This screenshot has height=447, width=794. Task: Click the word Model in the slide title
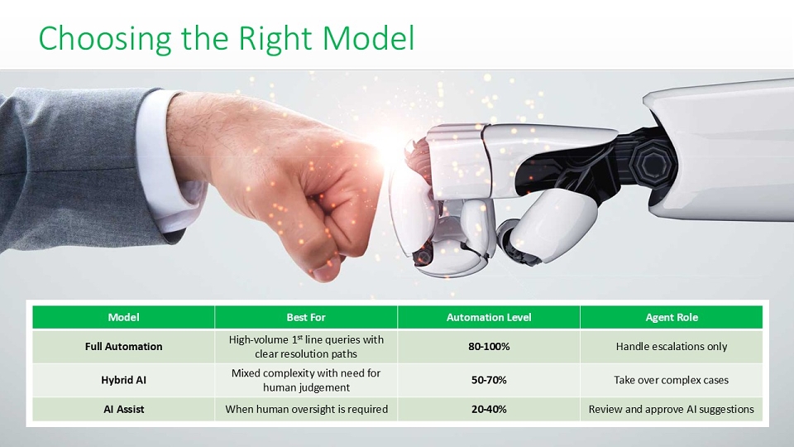(x=369, y=39)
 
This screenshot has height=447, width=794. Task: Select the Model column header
(x=123, y=317)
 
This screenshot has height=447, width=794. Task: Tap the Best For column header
(x=306, y=317)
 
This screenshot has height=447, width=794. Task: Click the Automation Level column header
(x=489, y=317)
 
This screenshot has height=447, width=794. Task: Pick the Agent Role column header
(x=672, y=317)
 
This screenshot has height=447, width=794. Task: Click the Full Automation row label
(x=123, y=347)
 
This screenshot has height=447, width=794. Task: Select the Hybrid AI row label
(x=123, y=380)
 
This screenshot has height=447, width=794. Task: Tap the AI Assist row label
(x=123, y=409)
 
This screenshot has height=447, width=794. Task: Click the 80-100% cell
(x=489, y=347)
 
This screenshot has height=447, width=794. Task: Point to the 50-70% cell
(x=489, y=380)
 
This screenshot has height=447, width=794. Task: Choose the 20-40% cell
(x=489, y=409)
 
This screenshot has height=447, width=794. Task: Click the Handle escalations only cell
(x=672, y=347)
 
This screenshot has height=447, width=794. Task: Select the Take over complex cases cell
(x=672, y=380)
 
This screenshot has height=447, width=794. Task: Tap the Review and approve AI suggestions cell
(x=672, y=409)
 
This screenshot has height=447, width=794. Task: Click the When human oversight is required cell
(x=306, y=409)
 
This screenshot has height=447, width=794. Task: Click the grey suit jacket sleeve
(x=76, y=167)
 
